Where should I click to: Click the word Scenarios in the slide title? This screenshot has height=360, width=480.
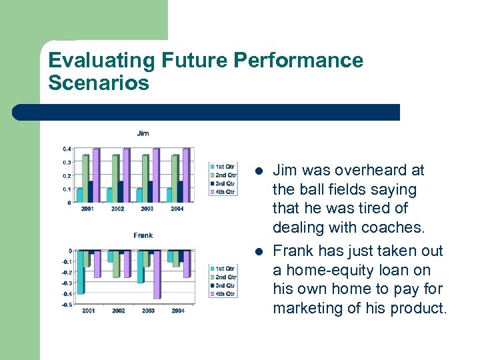point(99,83)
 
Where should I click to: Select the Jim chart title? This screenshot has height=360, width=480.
point(143,133)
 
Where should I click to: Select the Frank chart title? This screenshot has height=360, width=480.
point(143,235)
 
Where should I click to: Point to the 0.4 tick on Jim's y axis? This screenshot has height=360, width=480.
point(67,149)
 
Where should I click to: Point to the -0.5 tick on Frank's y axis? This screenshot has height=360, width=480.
point(66,305)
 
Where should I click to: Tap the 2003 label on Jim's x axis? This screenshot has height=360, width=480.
point(147,209)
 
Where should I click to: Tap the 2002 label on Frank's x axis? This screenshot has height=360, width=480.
point(118,311)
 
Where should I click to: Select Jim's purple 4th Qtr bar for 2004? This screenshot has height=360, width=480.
point(186,175)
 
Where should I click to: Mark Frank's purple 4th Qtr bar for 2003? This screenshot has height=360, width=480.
point(157,275)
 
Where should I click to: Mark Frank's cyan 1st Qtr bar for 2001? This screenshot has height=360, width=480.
point(81,272)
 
